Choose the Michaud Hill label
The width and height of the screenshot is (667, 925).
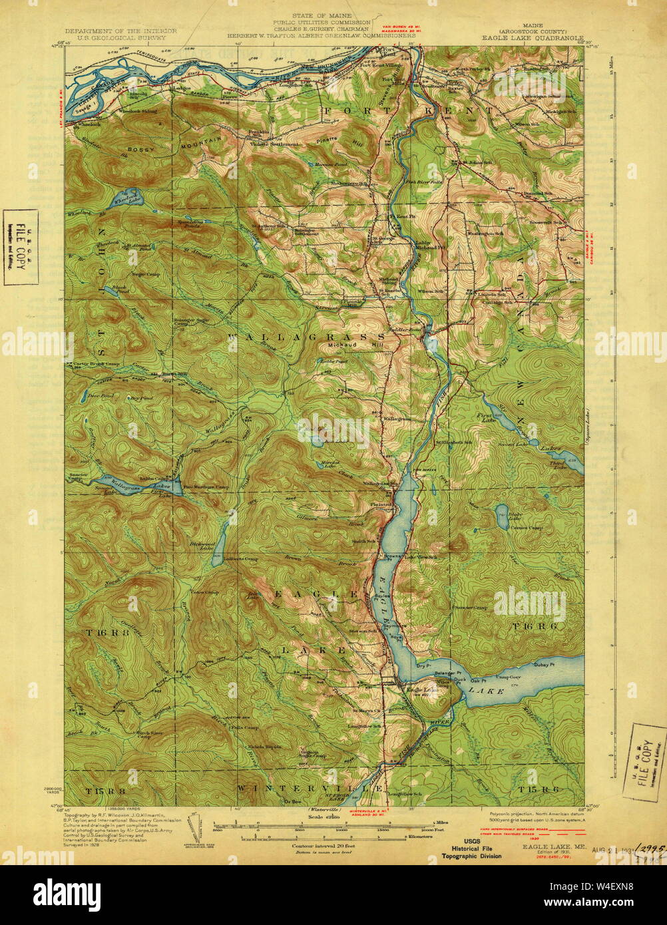tap(353, 346)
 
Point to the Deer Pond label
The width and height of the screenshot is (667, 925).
tap(97, 395)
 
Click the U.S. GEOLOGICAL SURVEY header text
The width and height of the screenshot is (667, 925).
tap(120, 39)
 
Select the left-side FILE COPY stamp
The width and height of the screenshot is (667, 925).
tap(21, 247)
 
